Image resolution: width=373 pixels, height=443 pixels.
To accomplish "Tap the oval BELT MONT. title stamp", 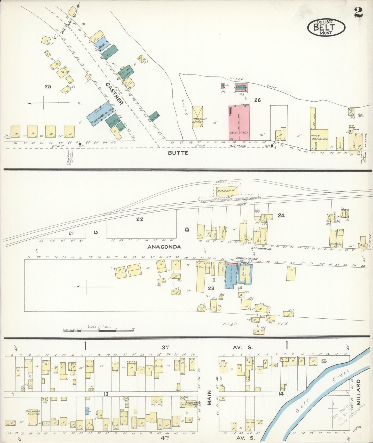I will coord(326,27).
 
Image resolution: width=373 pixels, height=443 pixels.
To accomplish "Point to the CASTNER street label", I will coord(114,94).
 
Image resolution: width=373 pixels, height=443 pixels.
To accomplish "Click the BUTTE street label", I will coord(178,153).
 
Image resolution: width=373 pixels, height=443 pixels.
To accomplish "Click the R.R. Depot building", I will coord(225,191).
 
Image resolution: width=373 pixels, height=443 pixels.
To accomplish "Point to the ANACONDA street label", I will coord(164,247).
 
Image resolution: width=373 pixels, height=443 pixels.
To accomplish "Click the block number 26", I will coord(257,100).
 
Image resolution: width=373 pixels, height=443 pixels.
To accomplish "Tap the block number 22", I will coord(140,219).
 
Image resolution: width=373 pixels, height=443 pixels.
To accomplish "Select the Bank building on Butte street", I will coord(340,144).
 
